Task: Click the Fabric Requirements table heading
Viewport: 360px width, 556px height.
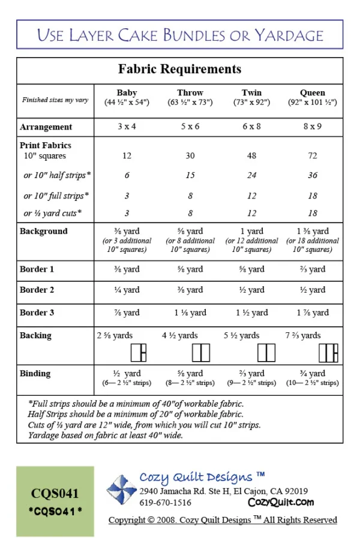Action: [179, 69]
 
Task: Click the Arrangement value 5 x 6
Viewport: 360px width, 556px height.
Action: [190, 127]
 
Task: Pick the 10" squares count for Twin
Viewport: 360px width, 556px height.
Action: [251, 156]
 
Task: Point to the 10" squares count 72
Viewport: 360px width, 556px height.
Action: [312, 156]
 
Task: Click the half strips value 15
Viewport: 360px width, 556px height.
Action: [190, 176]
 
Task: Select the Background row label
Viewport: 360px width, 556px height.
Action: [43, 232]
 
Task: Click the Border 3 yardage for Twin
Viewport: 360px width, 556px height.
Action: [251, 312]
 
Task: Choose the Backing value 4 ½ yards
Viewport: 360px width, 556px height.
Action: [180, 335]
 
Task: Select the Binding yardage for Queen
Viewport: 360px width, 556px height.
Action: [312, 373]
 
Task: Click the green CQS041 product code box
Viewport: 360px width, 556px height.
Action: [55, 501]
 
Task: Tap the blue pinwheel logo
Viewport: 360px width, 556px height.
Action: [122, 489]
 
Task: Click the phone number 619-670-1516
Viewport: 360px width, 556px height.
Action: [166, 503]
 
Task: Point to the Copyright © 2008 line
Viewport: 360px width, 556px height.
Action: [223, 520]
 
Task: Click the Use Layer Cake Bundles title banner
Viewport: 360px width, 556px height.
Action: [179, 35]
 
